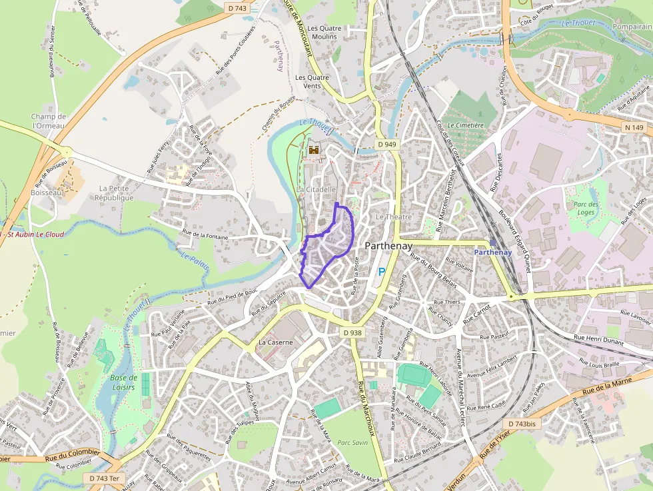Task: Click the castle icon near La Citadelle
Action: pyautogui.click(x=313, y=151)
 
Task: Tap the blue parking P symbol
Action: pyautogui.click(x=382, y=271)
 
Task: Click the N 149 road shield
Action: pyautogui.click(x=634, y=127)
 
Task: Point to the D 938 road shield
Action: pyautogui.click(x=353, y=332)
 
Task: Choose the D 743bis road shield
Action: pyautogui.click(x=521, y=424)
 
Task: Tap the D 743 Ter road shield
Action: pyautogui.click(x=105, y=478)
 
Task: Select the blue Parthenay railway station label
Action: pyautogui.click(x=493, y=252)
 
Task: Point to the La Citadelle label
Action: pyautogui.click(x=316, y=190)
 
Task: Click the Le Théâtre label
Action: pyautogui.click(x=394, y=217)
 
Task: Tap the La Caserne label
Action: pyautogui.click(x=275, y=342)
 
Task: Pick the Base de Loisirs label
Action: pyautogui.click(x=123, y=382)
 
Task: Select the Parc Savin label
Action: pyautogui.click(x=352, y=442)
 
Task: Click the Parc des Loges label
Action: pyautogui.click(x=586, y=209)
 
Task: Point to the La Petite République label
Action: pyautogui.click(x=114, y=193)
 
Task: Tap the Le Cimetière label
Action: pyautogui.click(x=466, y=125)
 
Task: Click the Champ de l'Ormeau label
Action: pyautogui.click(x=49, y=121)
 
